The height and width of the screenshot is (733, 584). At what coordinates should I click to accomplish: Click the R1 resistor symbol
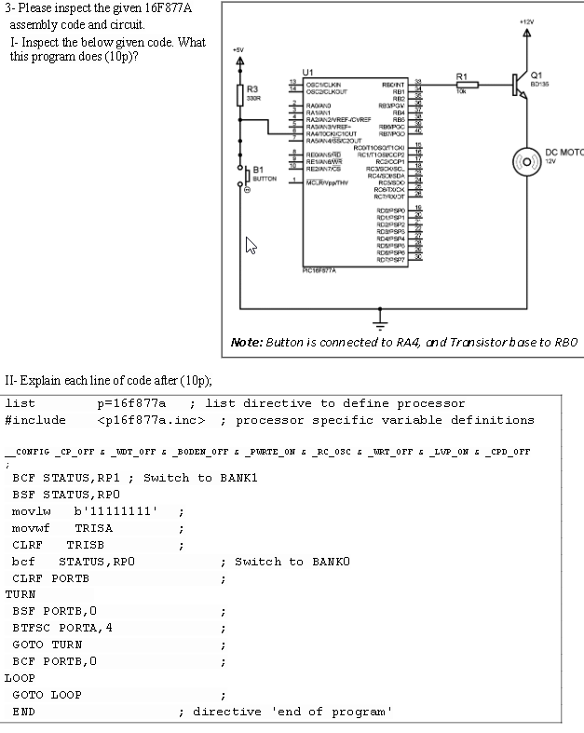pos(467,86)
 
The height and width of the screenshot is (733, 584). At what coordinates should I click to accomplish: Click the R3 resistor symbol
pos(239,96)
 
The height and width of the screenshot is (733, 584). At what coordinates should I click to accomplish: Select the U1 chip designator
pos(309,72)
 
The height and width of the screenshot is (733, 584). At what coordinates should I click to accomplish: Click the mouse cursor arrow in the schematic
pos(251,246)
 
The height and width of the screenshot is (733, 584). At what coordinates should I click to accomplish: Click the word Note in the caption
pos(248,343)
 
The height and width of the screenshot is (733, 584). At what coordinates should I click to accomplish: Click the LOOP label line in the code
pos(20,678)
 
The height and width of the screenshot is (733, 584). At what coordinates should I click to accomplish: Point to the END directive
pos(24,712)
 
